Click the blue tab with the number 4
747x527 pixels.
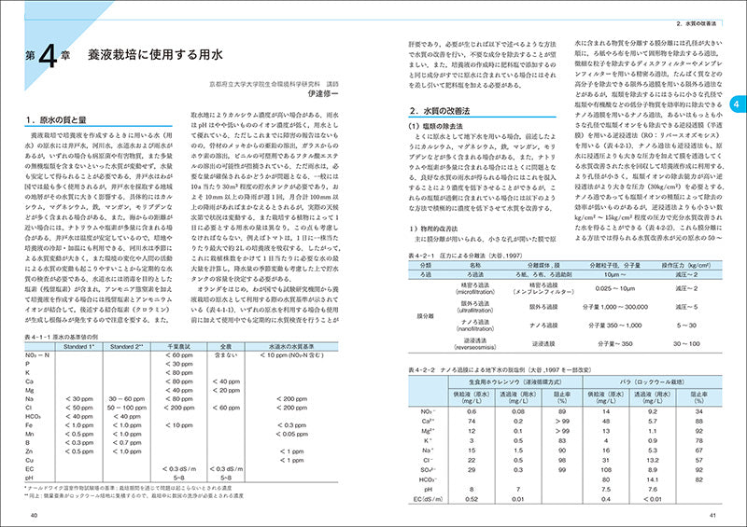coord(736,104)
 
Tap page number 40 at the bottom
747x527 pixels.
coord(34,516)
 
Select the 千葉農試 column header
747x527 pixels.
coord(177,345)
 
